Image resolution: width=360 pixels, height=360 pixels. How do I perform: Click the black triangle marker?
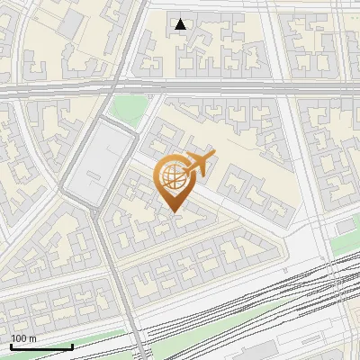tap(181, 24)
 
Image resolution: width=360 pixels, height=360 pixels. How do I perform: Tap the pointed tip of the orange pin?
tap(174, 212)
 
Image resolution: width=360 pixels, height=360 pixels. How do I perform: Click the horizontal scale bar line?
tap(41, 346)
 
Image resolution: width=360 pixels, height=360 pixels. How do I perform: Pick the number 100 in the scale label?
tap(19, 338)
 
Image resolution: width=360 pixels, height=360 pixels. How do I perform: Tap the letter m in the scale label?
tap(31, 338)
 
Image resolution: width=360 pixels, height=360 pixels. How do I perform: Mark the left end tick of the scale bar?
tap(11, 346)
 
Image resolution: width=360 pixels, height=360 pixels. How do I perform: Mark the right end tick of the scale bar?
tap(72, 346)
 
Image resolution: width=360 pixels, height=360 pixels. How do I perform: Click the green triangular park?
tap(129, 110)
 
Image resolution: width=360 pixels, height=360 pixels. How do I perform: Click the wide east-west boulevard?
tap(225, 87)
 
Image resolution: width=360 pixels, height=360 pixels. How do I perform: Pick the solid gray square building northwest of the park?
tap(70, 24)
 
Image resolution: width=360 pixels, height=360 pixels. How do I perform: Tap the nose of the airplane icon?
tap(214, 155)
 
